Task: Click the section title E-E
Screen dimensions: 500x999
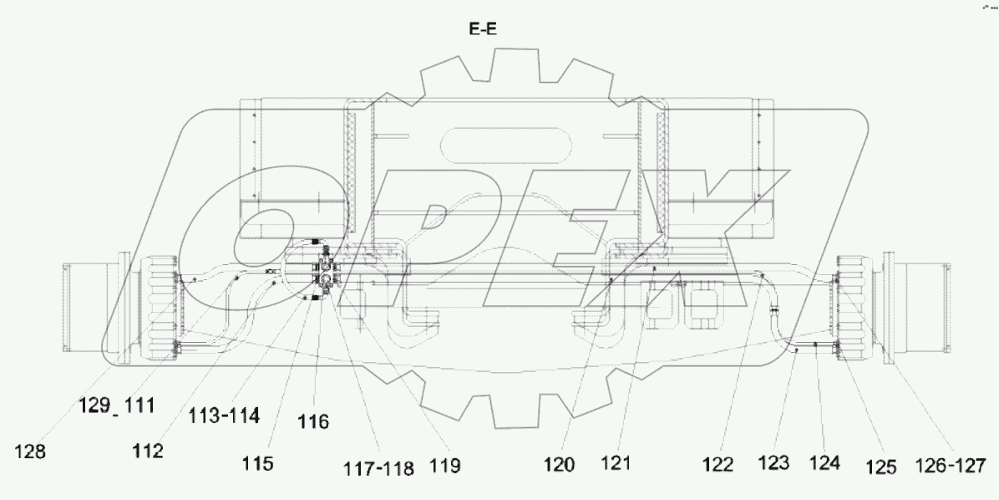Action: click(x=484, y=33)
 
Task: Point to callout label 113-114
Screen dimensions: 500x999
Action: click(x=213, y=413)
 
